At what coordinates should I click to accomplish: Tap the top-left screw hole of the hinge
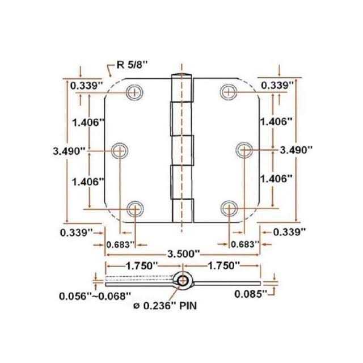click(135, 91)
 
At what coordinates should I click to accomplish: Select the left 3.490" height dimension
click(68, 150)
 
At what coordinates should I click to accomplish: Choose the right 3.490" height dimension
click(297, 150)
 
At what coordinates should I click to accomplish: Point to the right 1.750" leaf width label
click(223, 265)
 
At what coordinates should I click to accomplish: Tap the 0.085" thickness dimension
click(251, 294)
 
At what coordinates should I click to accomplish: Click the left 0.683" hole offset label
click(120, 244)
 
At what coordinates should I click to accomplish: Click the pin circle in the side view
click(182, 281)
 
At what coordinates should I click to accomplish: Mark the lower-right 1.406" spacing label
click(276, 179)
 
